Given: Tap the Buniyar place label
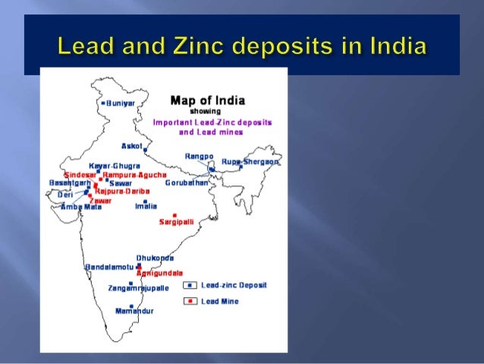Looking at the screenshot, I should pyautogui.click(x=120, y=103).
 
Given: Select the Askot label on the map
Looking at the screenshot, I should pyautogui.click(x=131, y=145).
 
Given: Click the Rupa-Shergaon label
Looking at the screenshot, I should pyautogui.click(x=250, y=162).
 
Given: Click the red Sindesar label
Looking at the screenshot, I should pyautogui.click(x=80, y=174).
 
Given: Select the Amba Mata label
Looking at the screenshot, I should pyautogui.click(x=81, y=207).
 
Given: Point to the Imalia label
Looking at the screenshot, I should pyautogui.click(x=146, y=206).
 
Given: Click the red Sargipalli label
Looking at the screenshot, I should pyautogui.click(x=175, y=222).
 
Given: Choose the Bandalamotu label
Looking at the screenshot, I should pyautogui.click(x=109, y=267).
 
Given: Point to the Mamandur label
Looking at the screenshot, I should pyautogui.click(x=134, y=311).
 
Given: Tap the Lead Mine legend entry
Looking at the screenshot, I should pyautogui.click(x=219, y=302).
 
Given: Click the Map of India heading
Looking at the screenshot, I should pyautogui.click(x=203, y=100).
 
